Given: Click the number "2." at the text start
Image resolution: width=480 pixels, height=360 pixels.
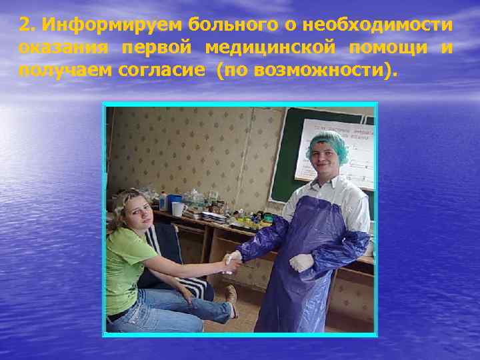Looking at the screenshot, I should tap(27, 25).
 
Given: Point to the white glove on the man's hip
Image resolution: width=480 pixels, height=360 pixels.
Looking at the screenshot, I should tap(301, 262).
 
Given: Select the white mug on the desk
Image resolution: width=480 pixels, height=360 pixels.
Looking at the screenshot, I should tap(177, 208).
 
